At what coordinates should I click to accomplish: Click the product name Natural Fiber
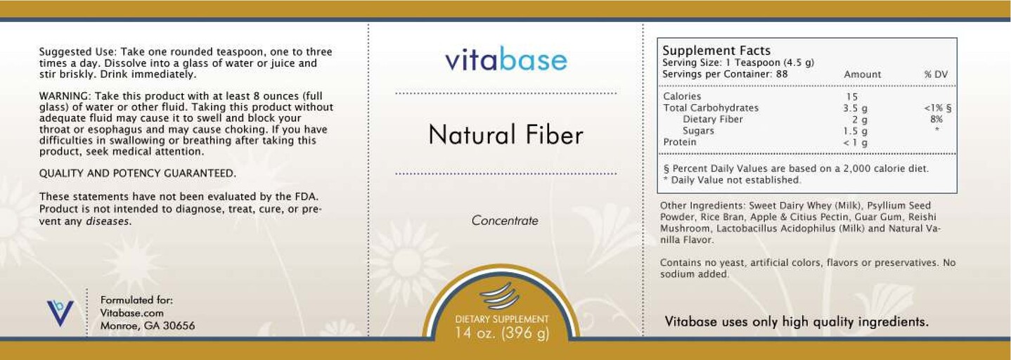pos(505,134)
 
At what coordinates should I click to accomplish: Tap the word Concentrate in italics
pos(505,221)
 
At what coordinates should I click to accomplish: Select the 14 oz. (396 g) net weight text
pos(502,333)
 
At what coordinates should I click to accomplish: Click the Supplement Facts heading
pos(716,51)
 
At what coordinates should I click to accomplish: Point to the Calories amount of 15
pos(852,97)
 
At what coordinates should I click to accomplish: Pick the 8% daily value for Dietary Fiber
pos(936,120)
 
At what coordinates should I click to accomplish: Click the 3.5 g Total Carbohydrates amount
pos(855,108)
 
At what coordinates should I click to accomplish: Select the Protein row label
pos(680,142)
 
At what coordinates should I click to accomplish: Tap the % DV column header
pos(936,75)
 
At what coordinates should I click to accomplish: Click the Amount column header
pos(862,75)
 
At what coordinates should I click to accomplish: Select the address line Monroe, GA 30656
pos(148,326)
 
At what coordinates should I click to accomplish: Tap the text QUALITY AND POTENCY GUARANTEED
pos(137,174)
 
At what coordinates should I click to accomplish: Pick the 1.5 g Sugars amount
pos(855,131)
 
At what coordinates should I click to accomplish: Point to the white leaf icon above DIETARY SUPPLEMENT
pos(501,295)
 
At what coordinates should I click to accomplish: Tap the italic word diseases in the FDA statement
pos(108,221)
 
